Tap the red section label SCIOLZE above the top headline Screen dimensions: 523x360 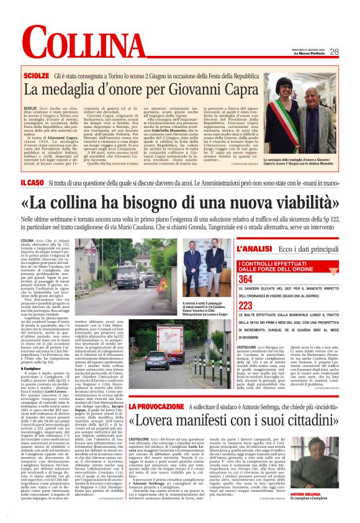53,75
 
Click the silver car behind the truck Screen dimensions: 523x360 139,357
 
